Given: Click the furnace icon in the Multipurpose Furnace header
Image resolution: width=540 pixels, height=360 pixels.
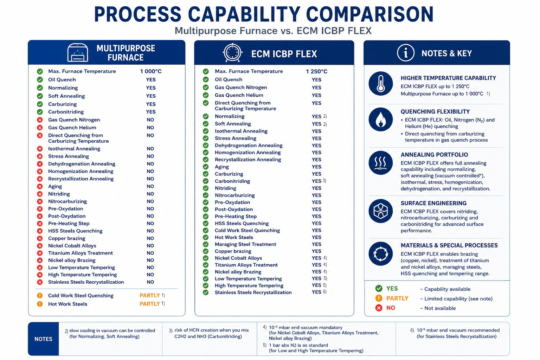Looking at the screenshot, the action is click(78, 53).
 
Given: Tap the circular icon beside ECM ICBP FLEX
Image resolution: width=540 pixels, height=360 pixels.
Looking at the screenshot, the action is click(232, 53).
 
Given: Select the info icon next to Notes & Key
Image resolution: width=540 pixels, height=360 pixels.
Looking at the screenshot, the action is click(406, 53).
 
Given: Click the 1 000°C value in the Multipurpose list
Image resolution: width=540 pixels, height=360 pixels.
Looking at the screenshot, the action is click(151, 71).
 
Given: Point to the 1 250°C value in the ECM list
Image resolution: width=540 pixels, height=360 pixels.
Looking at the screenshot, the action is click(316, 71).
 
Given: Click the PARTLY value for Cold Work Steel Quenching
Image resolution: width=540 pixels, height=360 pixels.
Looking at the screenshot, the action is click(150, 295).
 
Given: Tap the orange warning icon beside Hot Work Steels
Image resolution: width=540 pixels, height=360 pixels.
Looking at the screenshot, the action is click(40, 304).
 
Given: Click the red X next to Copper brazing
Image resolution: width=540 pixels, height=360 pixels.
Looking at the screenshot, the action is click(40, 238).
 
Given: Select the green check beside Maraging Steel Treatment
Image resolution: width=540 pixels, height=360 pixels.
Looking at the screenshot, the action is click(206, 244).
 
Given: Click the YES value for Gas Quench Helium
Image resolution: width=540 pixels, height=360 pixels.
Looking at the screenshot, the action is click(316, 95).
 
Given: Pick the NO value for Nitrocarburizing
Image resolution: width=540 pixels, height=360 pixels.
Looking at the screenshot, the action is click(150, 201).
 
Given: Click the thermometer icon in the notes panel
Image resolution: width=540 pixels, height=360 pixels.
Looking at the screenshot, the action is click(381, 83).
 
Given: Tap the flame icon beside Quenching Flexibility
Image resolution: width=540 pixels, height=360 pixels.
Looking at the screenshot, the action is click(381, 120).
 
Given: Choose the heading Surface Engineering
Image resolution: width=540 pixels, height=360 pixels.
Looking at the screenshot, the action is click(433, 203).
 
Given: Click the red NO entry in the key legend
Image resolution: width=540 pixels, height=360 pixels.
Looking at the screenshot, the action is click(391, 308).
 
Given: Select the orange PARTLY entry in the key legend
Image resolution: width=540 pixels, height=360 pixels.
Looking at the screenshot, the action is click(397, 298).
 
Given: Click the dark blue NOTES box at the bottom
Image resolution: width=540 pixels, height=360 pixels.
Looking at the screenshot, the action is click(43, 339).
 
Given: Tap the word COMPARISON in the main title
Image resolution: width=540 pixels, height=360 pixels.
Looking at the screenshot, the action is click(370, 14).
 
